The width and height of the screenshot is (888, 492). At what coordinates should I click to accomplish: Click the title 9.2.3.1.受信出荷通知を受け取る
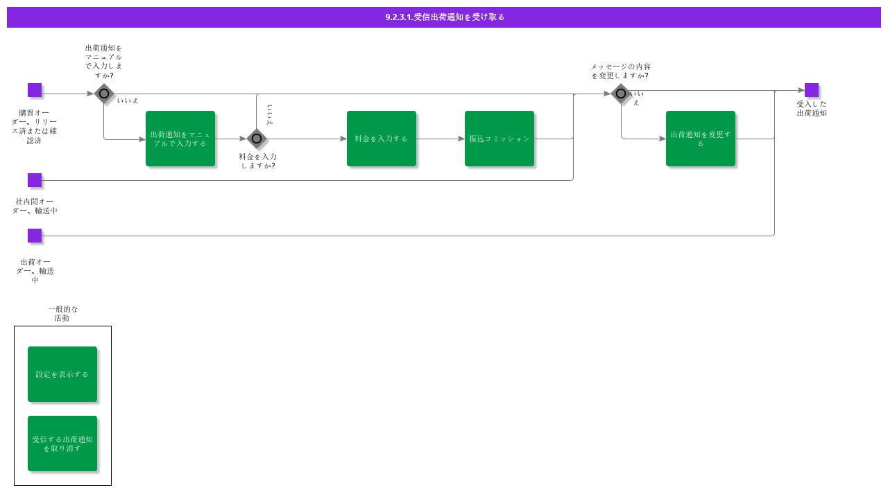[444, 17]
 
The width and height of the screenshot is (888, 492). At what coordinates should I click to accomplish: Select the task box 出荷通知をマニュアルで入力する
[180, 139]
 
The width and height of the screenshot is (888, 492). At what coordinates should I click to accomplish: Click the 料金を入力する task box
[382, 139]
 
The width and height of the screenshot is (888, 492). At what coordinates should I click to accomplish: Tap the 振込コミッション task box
[499, 139]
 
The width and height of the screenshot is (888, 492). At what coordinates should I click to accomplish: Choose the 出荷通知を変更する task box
[701, 139]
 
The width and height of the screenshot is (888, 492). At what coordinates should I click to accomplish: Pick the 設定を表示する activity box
[62, 374]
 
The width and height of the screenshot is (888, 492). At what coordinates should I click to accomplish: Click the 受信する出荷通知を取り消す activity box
[62, 443]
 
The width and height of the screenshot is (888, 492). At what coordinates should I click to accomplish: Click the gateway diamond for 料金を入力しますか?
[257, 139]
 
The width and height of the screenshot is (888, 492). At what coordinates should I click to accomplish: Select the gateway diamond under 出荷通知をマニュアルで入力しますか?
[104, 94]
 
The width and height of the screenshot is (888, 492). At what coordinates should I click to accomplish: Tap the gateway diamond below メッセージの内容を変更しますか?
[621, 94]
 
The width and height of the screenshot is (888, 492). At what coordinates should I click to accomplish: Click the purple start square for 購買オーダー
[35, 90]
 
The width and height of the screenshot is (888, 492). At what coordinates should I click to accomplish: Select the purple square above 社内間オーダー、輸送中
[35, 180]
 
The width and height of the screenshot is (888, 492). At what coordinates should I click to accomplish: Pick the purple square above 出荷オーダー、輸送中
[35, 236]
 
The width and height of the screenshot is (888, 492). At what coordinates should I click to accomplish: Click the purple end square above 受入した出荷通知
[812, 90]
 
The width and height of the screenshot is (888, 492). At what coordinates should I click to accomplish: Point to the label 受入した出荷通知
[812, 109]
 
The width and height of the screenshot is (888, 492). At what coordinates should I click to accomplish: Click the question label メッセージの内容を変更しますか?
[620, 71]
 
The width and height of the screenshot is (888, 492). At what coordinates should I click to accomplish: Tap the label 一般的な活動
[62, 314]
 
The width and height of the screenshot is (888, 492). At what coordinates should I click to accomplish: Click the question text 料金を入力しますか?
[258, 161]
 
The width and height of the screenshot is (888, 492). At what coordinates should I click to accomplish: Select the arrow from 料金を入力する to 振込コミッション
[441, 139]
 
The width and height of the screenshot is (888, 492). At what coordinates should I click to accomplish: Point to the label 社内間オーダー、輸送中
[35, 207]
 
